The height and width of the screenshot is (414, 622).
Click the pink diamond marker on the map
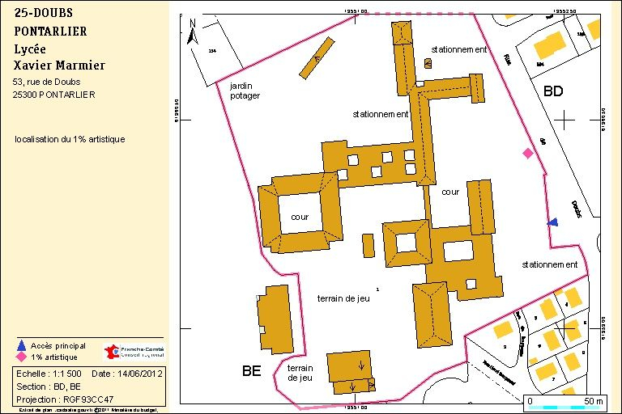528,153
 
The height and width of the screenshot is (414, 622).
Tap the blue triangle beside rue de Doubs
552,222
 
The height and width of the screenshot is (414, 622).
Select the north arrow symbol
192,32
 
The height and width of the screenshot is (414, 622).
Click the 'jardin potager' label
245,90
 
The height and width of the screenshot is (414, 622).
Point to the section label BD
553,91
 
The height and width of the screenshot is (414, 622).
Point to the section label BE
252,371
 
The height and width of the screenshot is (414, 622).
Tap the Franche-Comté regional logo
134,352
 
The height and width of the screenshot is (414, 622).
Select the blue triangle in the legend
21,345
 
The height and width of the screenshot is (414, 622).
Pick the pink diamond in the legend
21,357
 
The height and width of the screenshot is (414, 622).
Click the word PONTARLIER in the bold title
50,31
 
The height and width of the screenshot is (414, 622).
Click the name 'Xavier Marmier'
59,65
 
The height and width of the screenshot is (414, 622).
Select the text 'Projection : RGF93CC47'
66,399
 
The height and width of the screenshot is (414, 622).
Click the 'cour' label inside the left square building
300,217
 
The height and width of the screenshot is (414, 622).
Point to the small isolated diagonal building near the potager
317,58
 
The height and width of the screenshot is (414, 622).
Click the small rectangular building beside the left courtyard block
368,246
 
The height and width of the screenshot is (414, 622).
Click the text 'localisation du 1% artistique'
70,139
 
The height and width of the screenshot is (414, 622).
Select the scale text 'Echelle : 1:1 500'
49,374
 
